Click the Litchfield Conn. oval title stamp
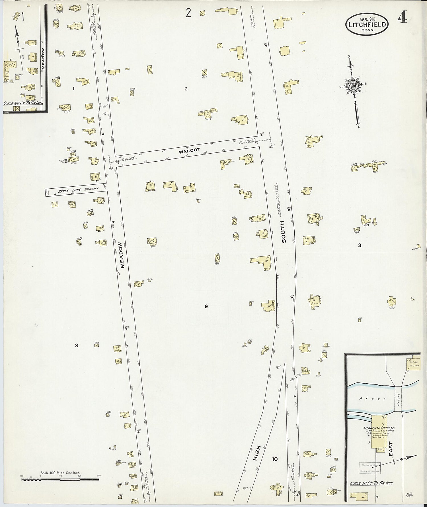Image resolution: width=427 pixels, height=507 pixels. click(367, 24)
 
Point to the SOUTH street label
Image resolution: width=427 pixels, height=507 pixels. click(283, 231)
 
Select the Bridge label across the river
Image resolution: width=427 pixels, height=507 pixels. click(399, 399)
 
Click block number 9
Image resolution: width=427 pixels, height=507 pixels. click(206, 306)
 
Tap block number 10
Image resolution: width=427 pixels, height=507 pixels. click(274, 459)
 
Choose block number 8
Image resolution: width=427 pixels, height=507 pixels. click(76, 345)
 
